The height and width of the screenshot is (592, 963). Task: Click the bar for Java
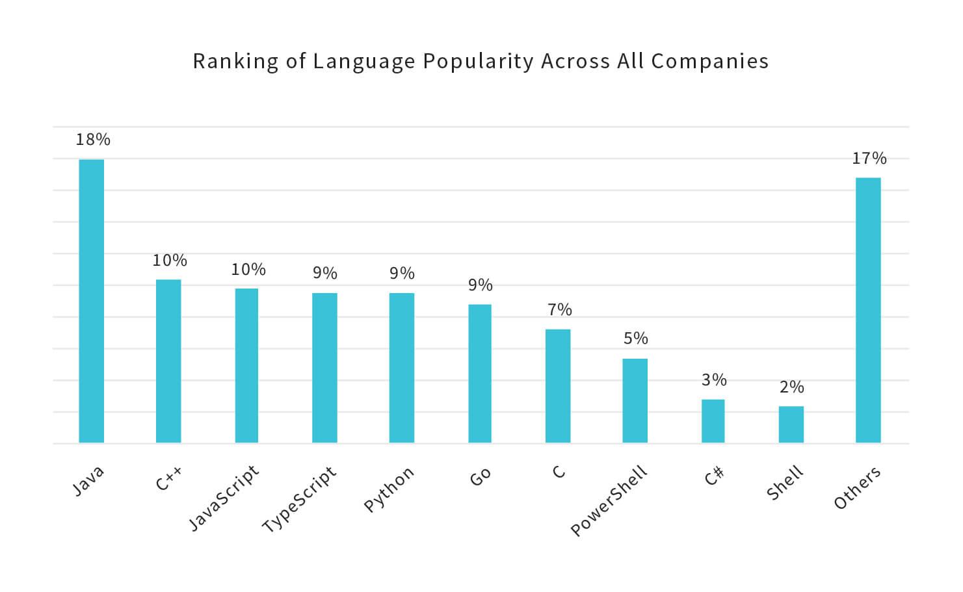pos(91,301)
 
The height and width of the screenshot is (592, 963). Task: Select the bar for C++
pos(168,361)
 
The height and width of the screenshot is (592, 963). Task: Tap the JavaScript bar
pos(246,365)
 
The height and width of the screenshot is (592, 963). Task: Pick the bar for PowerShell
pos(635,400)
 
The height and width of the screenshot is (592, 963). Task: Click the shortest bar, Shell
pos(791,424)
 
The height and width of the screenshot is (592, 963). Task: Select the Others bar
pos(868,310)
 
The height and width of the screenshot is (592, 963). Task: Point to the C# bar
pos(713,421)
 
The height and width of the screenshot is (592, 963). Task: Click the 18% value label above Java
pos(93,140)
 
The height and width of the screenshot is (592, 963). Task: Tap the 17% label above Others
pos(869,159)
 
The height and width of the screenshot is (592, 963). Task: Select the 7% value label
pos(559,310)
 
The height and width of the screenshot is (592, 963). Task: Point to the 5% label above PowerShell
pos(636,339)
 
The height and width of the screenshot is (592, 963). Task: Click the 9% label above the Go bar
pos(481,285)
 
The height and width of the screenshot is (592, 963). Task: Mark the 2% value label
pos(792,387)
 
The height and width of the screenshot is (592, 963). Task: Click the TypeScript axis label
pos(300,499)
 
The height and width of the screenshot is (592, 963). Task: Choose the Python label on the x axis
pos(389,489)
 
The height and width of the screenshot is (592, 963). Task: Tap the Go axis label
pos(480,478)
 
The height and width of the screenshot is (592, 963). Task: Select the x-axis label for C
pos(559,471)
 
